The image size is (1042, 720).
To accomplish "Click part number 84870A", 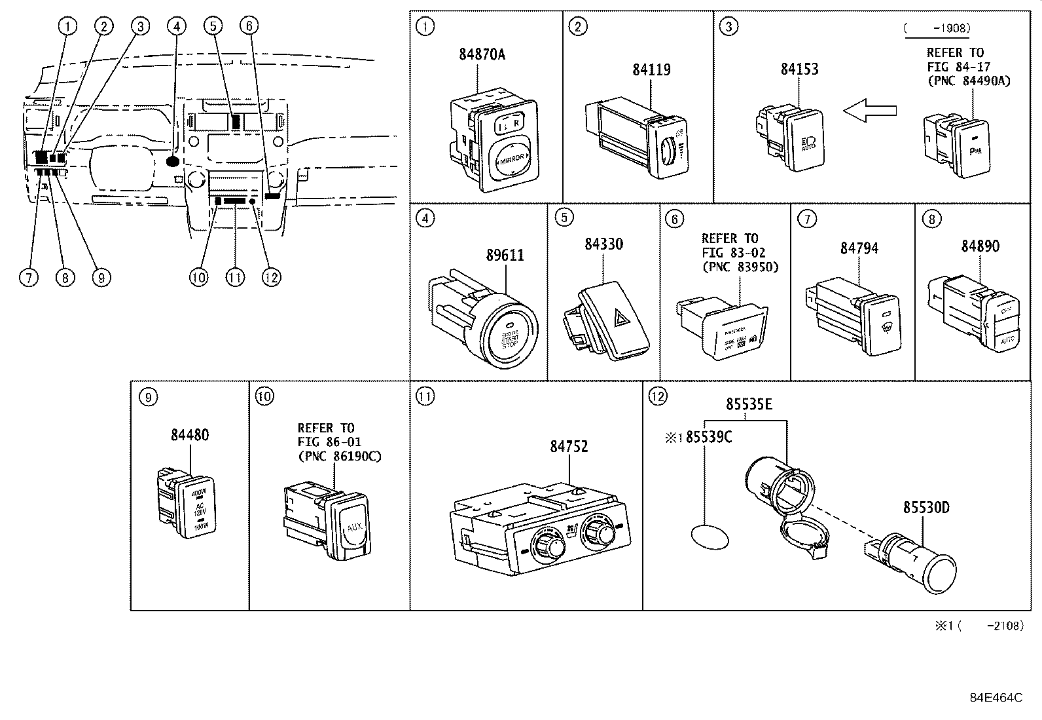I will [482, 54].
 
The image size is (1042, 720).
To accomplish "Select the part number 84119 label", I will [651, 69].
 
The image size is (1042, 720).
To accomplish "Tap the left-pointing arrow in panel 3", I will [869, 111].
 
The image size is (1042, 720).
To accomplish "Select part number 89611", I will [505, 255].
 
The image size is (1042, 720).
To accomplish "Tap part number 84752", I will [569, 446].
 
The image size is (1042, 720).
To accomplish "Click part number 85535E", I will [749, 404].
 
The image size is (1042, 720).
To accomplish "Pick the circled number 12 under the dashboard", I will [271, 277].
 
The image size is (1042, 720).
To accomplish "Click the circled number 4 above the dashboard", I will [175, 26].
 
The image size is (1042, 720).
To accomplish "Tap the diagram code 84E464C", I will [996, 698].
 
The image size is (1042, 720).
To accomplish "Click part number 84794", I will [859, 248].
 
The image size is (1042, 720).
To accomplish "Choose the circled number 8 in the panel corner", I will [931, 219].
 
